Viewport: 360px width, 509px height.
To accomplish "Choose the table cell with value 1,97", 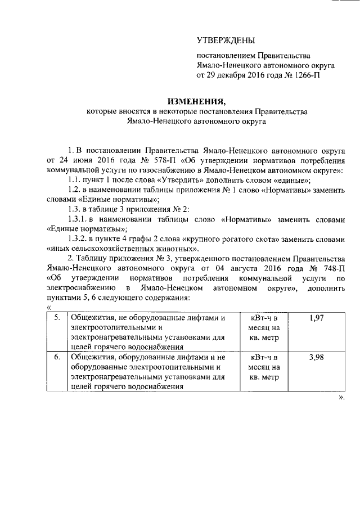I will pyautogui.click(x=318, y=318).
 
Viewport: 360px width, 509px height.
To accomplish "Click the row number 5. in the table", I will pyautogui.click(x=57, y=318).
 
